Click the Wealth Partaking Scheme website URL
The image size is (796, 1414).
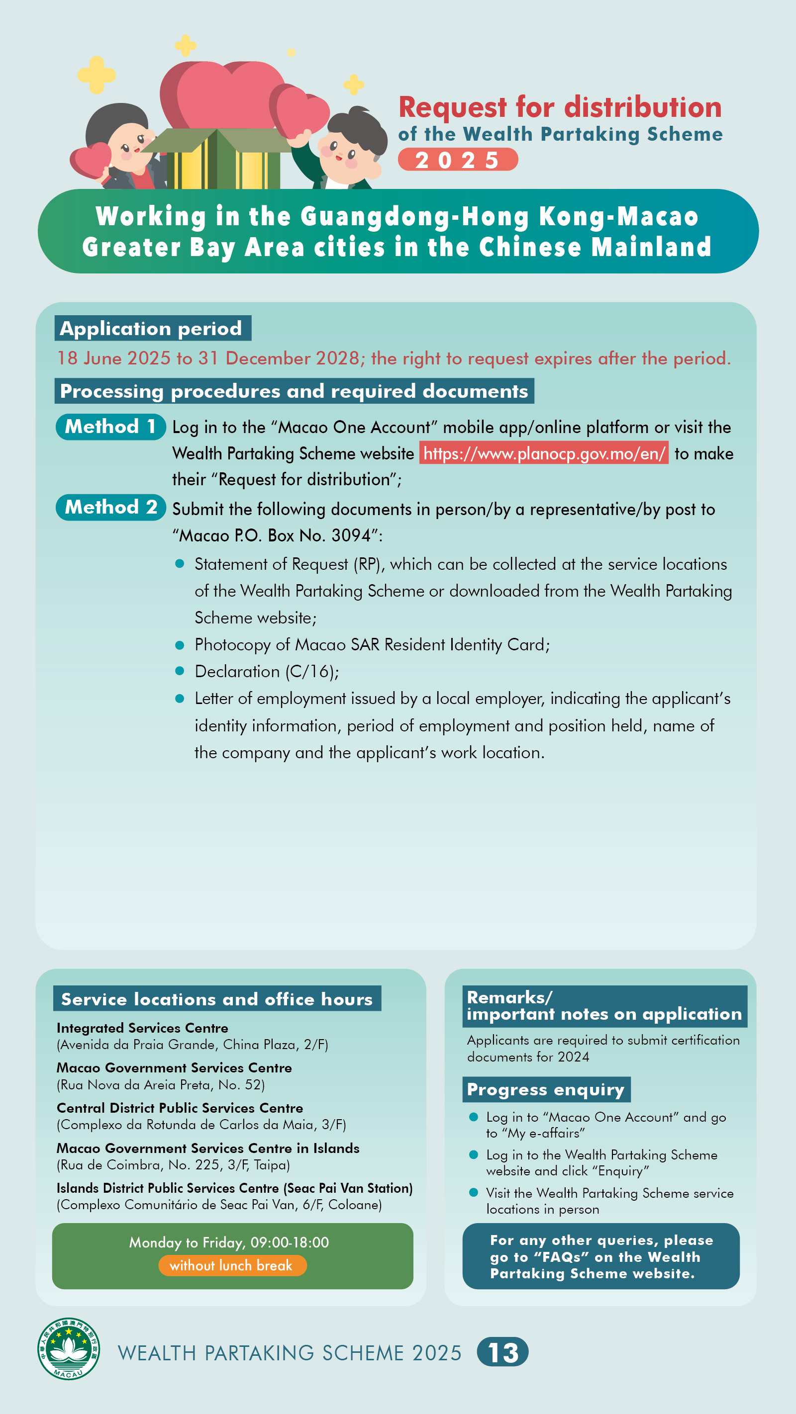click(543, 453)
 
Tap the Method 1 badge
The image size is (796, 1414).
click(110, 427)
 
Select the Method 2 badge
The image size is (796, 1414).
click(110, 507)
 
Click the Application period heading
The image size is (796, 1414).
click(152, 328)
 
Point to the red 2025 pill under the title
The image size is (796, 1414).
click(457, 160)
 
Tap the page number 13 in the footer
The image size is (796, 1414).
click(502, 1352)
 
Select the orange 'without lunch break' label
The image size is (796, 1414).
click(232, 1265)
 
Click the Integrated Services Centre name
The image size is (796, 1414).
click(142, 1028)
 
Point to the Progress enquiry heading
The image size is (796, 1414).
click(545, 1090)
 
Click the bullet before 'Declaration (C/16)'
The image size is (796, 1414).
click(179, 671)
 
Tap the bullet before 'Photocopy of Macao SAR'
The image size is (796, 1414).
click(179, 644)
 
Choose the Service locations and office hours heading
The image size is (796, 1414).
click(217, 999)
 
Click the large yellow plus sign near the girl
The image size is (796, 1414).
click(96, 74)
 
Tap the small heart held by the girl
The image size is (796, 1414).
click(91, 160)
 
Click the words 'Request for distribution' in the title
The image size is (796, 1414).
click(560, 107)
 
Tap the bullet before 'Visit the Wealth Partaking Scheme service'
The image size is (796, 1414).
click(474, 1192)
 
